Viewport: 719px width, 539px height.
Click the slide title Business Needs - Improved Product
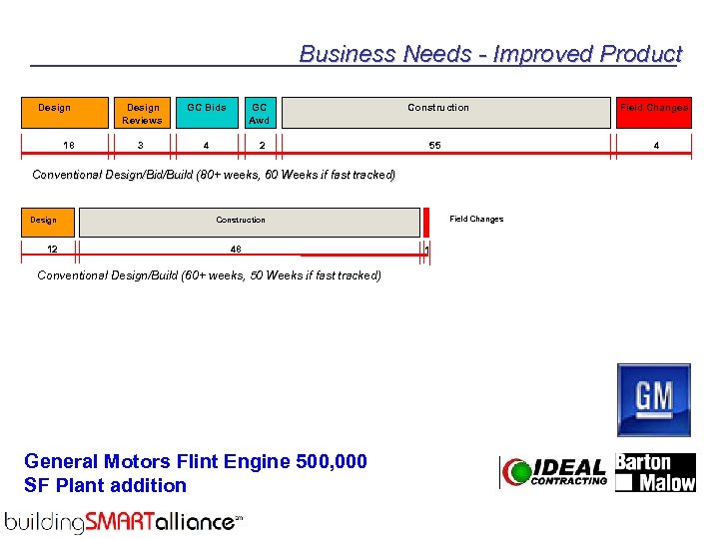(489, 54)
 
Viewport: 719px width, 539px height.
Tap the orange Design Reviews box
(142, 113)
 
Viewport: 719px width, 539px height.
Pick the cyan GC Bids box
(207, 113)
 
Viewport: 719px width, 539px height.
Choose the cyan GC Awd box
(260, 113)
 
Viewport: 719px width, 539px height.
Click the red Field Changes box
(654, 113)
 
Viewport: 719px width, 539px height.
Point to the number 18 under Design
(68, 146)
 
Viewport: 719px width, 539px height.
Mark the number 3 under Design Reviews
(141, 146)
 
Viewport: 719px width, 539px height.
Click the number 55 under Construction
(434, 146)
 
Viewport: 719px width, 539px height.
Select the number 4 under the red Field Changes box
(656, 146)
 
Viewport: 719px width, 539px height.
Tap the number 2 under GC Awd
(262, 146)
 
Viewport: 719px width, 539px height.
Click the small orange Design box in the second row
(44, 221)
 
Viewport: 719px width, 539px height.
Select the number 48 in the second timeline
(235, 250)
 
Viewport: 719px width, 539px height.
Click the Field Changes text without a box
(476, 219)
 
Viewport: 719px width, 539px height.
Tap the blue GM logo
(654, 399)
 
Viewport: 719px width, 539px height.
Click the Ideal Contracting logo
(554, 472)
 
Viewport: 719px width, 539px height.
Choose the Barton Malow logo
(655, 472)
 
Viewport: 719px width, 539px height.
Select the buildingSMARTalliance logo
(124, 521)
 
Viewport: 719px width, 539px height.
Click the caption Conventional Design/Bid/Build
(214, 175)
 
